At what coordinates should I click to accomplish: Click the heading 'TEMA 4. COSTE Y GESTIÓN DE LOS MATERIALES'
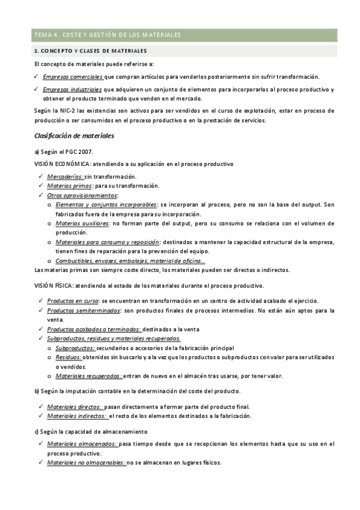[x=108, y=35]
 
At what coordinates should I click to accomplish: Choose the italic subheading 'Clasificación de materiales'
[x=74, y=136]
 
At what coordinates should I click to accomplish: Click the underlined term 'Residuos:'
[x=69, y=357]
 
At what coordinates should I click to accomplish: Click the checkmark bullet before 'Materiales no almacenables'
[x=39, y=462]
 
